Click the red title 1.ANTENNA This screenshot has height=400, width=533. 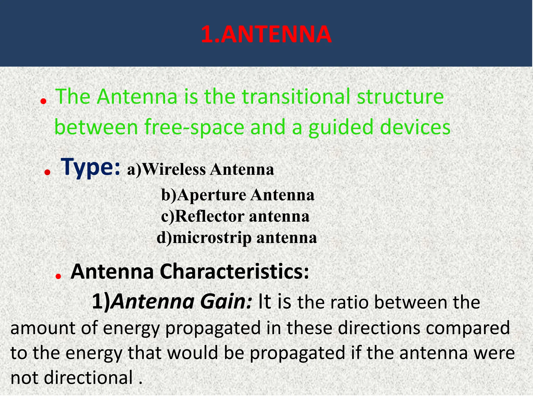266,34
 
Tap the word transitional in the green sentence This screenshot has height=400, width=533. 296,97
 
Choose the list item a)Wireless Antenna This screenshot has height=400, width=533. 200,170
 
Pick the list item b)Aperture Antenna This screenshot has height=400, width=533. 238,195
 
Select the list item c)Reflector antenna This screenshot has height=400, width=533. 235,216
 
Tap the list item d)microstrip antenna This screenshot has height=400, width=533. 237,238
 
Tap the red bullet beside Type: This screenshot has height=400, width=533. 47,172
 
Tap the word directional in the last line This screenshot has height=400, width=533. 88,378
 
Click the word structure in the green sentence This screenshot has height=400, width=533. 400,97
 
